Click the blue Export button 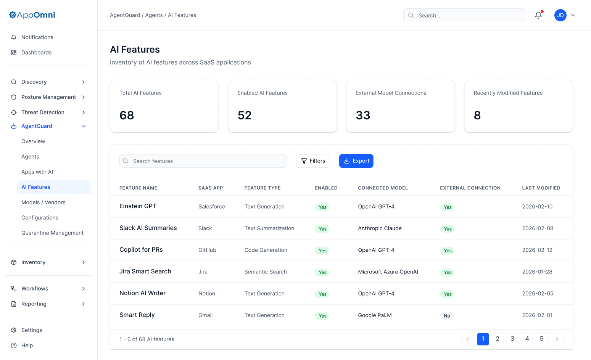pyautogui.click(x=356, y=161)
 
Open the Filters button pyautogui.click(x=313, y=161)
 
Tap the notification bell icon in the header pyautogui.click(x=538, y=15)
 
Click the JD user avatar pyautogui.click(x=560, y=15)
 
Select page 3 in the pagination pyautogui.click(x=512, y=339)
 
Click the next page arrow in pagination pyautogui.click(x=557, y=339)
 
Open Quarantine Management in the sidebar pyautogui.click(x=52, y=233)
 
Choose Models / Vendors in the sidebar pyautogui.click(x=43, y=202)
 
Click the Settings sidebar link pyautogui.click(x=32, y=330)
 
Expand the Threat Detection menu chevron pyautogui.click(x=84, y=112)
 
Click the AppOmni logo pyautogui.click(x=32, y=15)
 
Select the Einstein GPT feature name pyautogui.click(x=138, y=206)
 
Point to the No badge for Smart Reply pyautogui.click(x=447, y=316)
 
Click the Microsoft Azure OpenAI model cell pyautogui.click(x=388, y=272)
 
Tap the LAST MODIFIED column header pyautogui.click(x=541, y=188)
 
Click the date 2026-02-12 pyautogui.click(x=537, y=250)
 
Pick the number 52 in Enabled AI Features pyautogui.click(x=245, y=115)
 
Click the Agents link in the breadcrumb pyautogui.click(x=154, y=15)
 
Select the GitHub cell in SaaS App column pyautogui.click(x=207, y=250)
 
